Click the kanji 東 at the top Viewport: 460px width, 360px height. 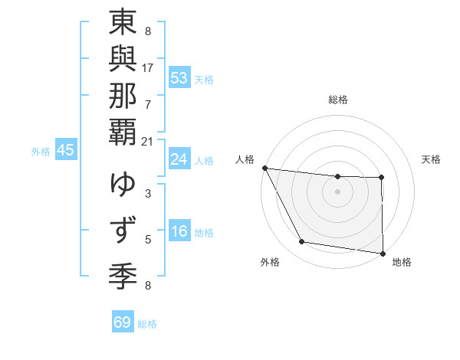click(x=123, y=25)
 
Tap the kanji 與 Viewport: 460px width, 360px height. click(x=123, y=65)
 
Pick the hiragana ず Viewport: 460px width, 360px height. click(x=123, y=228)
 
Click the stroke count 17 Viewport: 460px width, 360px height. click(x=148, y=67)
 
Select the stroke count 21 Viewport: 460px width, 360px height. click(x=148, y=142)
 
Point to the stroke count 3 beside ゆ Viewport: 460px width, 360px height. click(x=148, y=193)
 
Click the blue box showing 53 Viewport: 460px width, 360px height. click(x=179, y=78)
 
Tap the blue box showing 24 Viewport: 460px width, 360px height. click(x=179, y=159)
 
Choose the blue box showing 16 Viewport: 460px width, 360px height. click(x=179, y=231)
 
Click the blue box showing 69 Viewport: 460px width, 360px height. click(x=123, y=322)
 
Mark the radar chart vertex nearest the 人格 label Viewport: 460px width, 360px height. click(x=264, y=168)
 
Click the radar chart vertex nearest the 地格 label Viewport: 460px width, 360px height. click(x=383, y=253)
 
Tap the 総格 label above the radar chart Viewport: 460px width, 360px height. click(x=337, y=100)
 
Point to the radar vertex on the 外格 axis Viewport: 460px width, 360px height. click(x=302, y=242)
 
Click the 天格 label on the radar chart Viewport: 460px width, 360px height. click(x=432, y=159)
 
